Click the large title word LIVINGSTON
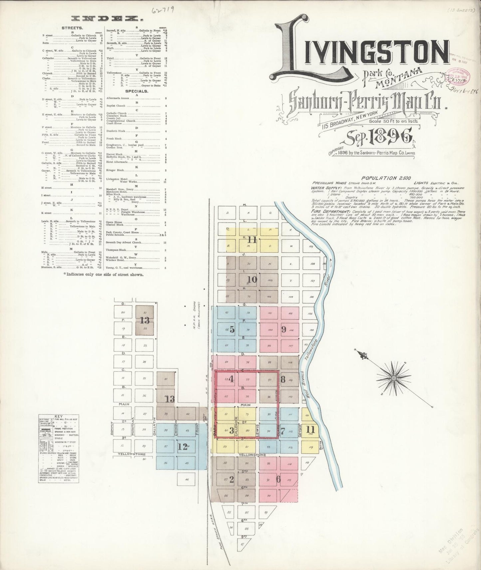pyautogui.click(x=363, y=53)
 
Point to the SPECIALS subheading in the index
pyautogui.click(x=136, y=91)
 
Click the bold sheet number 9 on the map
pyautogui.click(x=284, y=329)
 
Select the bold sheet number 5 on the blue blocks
pyautogui.click(x=232, y=330)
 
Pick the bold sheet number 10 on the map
pyautogui.click(x=252, y=279)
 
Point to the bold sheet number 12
pyautogui.click(x=182, y=447)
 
